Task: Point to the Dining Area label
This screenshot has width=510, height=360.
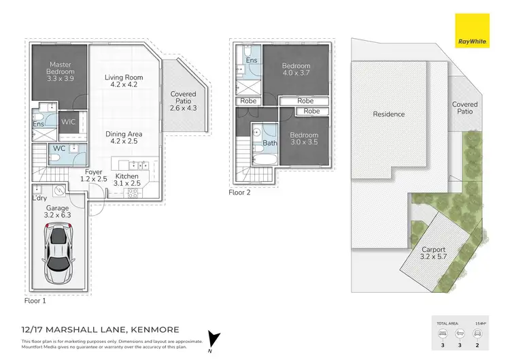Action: (123, 138)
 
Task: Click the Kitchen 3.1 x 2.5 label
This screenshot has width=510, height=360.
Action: (126, 180)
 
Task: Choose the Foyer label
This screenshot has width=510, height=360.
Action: (93, 176)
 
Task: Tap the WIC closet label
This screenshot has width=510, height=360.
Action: (69, 122)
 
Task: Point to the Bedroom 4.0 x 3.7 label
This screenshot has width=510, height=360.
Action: (296, 70)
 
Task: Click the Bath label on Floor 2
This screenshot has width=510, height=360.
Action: (270, 144)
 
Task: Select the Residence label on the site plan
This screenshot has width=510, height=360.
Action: (388, 114)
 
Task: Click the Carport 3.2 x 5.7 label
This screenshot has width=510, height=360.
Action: (433, 253)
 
